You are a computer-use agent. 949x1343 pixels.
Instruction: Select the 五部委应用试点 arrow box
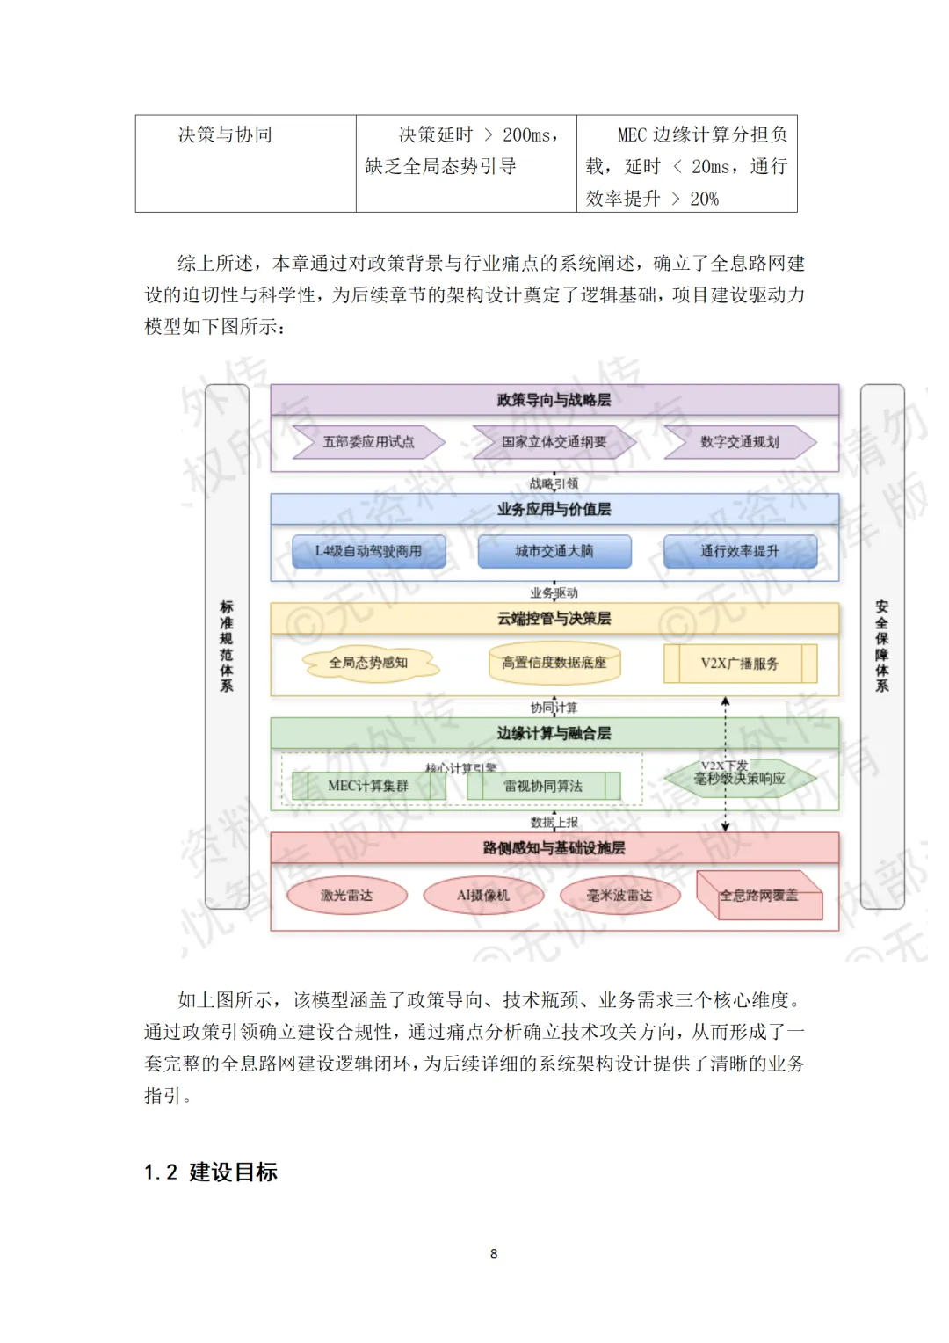(x=368, y=442)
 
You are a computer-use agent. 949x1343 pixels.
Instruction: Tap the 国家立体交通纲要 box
(x=554, y=442)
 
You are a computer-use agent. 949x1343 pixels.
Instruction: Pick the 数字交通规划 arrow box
(x=739, y=442)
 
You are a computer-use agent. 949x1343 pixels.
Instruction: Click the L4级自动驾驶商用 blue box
(x=368, y=551)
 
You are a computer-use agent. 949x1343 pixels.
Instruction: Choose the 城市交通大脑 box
(x=554, y=551)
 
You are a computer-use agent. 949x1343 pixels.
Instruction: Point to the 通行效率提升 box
(x=739, y=551)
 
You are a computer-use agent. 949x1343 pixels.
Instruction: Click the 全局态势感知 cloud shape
(x=368, y=664)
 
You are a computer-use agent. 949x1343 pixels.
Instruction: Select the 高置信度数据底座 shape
(x=554, y=664)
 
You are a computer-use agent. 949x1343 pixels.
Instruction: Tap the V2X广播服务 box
(x=739, y=664)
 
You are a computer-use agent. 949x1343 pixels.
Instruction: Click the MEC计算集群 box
(x=368, y=786)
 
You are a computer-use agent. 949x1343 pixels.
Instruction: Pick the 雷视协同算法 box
(x=543, y=786)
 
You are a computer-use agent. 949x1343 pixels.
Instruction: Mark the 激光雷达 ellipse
(x=347, y=896)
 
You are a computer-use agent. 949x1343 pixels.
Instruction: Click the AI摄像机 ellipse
(x=483, y=896)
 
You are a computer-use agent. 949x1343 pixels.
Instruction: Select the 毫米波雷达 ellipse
(x=619, y=896)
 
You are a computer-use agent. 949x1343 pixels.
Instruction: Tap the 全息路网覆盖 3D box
(x=759, y=896)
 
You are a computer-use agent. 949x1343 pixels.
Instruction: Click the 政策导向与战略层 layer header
(x=554, y=400)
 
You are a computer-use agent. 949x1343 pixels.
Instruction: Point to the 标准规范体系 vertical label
(x=227, y=646)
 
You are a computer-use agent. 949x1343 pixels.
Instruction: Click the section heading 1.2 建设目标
(x=211, y=1172)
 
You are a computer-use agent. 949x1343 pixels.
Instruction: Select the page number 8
(x=494, y=1253)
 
